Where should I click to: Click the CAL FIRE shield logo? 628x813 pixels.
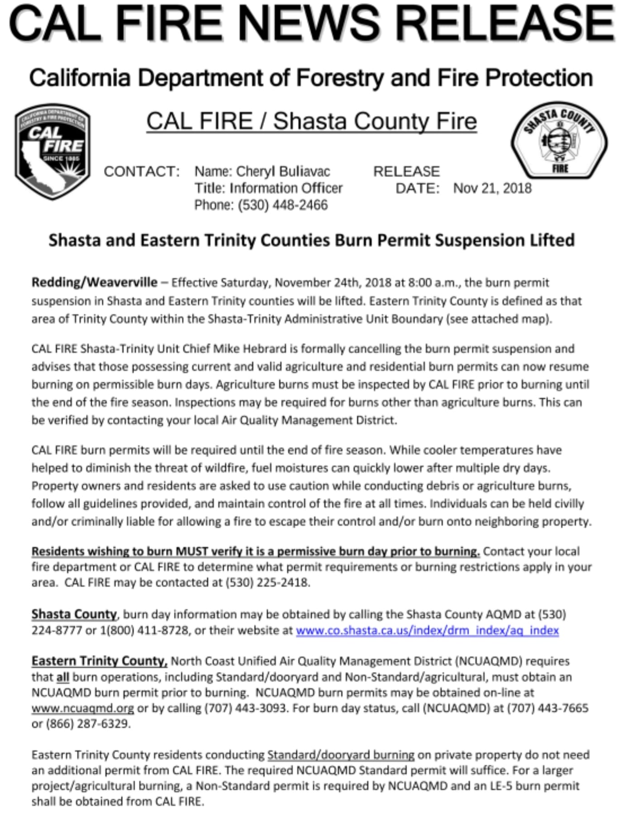52,152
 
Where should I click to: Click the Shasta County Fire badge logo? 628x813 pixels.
559,140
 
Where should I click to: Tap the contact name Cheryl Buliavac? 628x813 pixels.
283,171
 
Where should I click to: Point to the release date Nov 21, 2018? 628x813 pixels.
492,188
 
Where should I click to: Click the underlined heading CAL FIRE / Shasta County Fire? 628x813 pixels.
311,121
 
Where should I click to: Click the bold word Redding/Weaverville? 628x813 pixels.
95,283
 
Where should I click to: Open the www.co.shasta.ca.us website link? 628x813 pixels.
427,630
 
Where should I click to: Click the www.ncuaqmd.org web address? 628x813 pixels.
82,708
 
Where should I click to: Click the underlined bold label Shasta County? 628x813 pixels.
74,614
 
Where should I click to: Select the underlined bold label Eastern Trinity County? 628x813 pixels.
99,661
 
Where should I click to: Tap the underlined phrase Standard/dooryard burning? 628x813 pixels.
341,755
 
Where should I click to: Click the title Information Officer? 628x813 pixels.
286,188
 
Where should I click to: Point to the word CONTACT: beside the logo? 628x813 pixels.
142,171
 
